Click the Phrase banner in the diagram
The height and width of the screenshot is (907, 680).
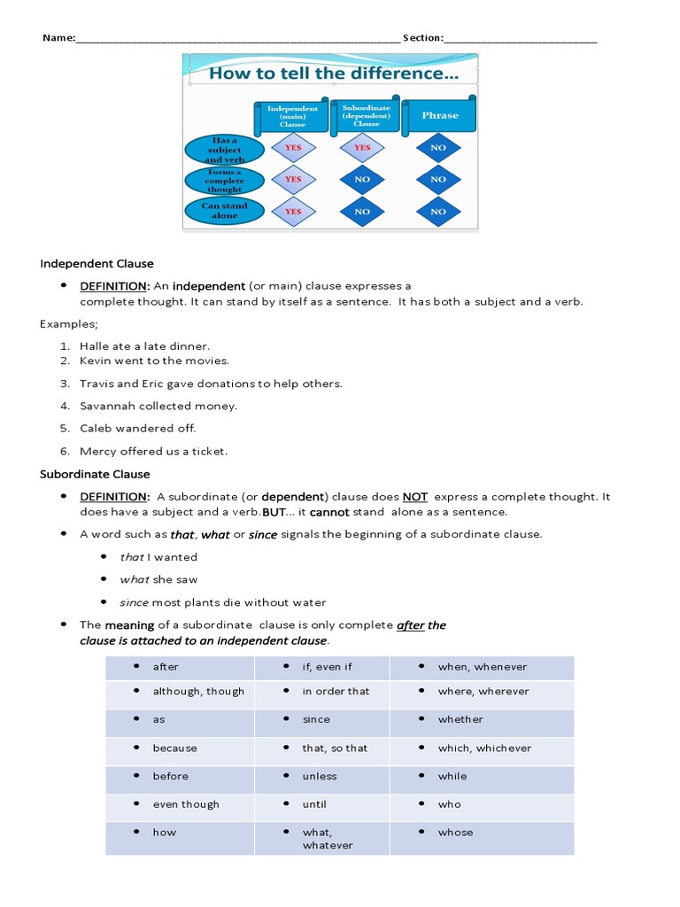click(x=440, y=115)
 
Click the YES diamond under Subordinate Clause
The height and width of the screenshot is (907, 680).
click(x=362, y=148)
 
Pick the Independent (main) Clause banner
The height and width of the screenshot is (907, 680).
click(x=292, y=115)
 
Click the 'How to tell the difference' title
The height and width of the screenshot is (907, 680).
click(x=333, y=74)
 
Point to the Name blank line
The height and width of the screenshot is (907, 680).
click(x=237, y=38)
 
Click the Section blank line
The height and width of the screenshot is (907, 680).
click(x=521, y=38)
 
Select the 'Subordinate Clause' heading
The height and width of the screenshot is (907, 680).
click(x=95, y=474)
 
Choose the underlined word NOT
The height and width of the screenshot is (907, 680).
click(x=415, y=497)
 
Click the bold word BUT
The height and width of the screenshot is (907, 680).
click(x=273, y=512)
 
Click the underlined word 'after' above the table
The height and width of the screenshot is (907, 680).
click(x=411, y=625)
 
